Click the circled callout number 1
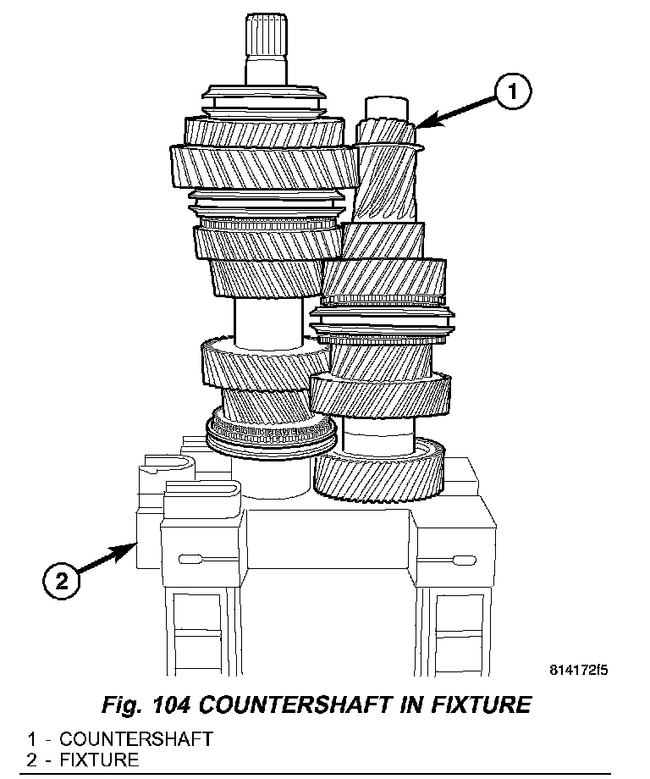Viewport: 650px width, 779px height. point(514,91)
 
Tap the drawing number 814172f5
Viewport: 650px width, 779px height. point(578,671)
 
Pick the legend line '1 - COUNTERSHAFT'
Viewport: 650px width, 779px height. point(119,738)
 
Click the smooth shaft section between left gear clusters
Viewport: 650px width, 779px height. point(268,321)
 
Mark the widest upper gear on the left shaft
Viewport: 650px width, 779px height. point(264,164)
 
